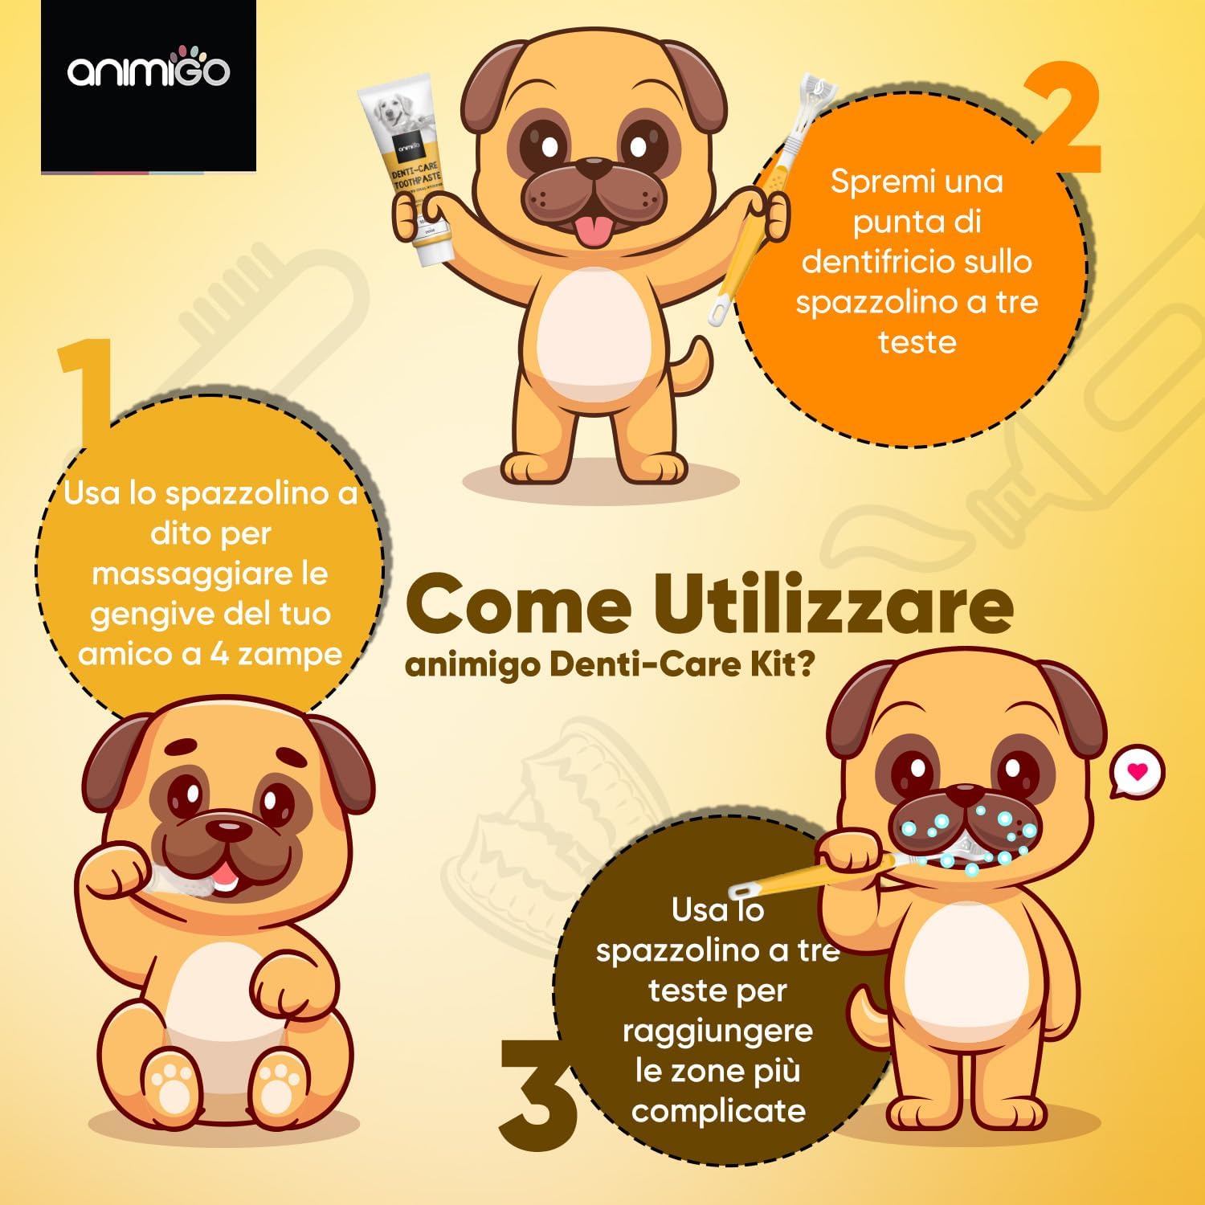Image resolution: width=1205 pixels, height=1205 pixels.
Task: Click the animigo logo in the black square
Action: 149,71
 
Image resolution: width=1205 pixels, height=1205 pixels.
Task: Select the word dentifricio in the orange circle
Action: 917,262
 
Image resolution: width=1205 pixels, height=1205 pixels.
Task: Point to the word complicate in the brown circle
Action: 718,1112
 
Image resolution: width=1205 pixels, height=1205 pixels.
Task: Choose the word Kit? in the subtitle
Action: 774,666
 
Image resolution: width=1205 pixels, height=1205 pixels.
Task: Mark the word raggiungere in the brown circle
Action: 717,1032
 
